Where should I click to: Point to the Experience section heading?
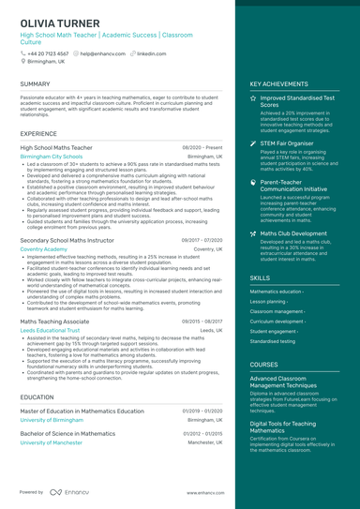click(38, 134)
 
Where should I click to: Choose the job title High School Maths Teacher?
click(57, 147)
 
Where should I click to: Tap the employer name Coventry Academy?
click(43, 249)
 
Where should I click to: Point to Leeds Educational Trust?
click(50, 330)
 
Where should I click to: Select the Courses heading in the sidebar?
click(263, 364)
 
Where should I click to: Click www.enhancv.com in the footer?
click(202, 492)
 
